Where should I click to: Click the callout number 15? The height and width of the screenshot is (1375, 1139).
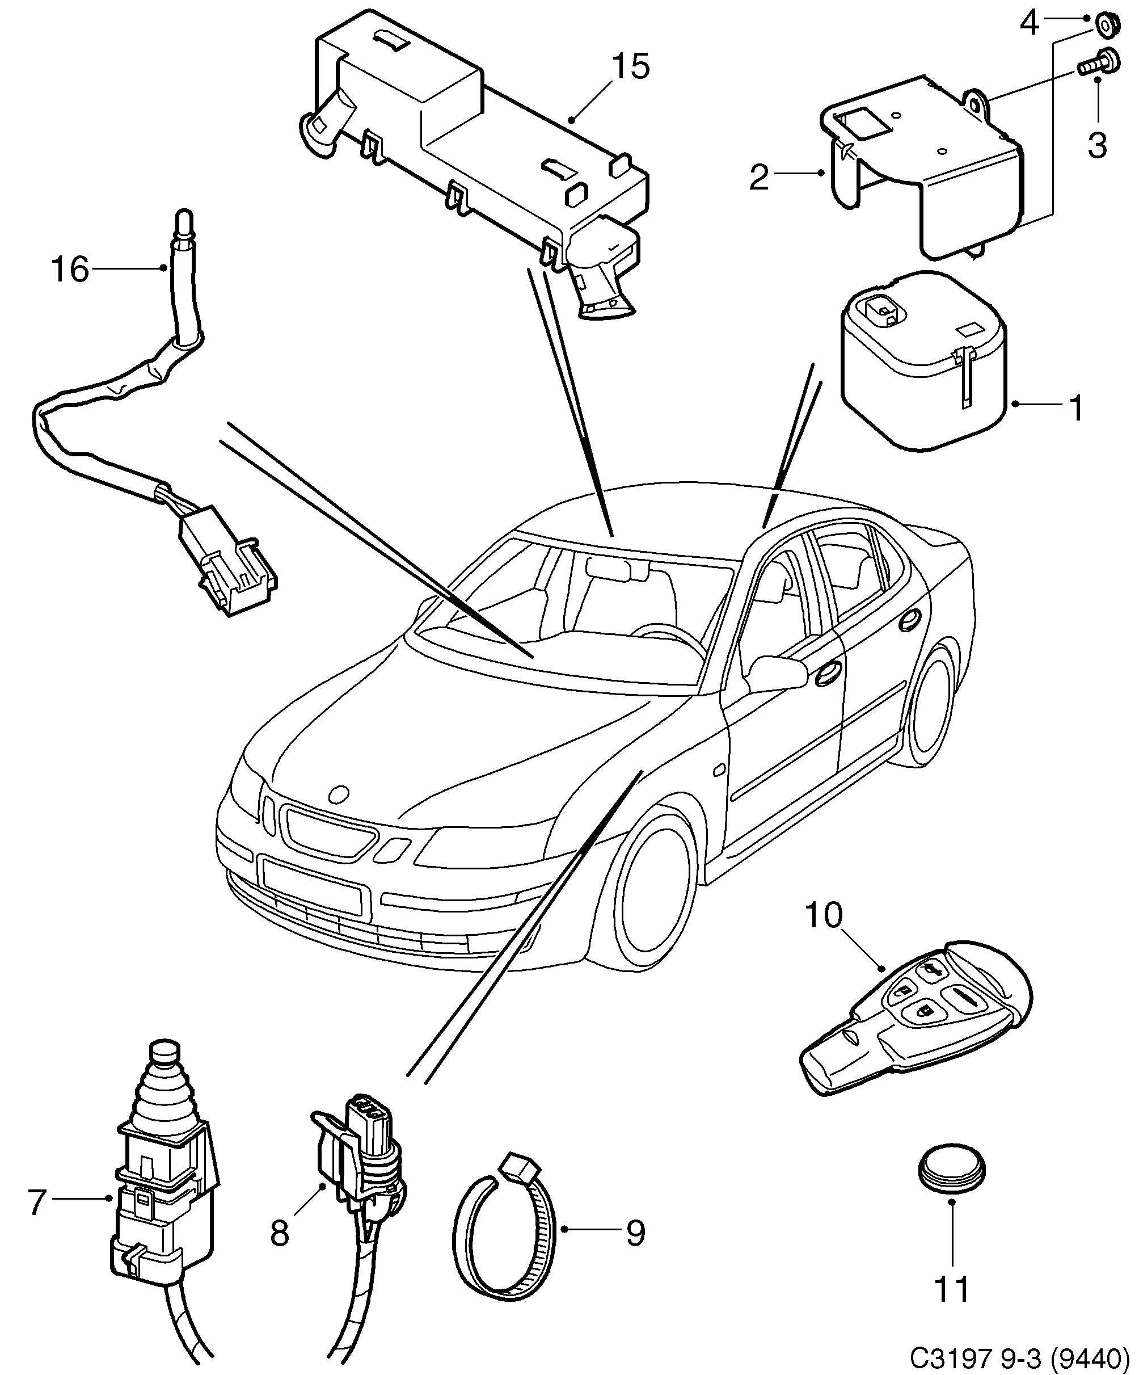630,68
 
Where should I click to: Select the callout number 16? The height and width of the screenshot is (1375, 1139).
69,270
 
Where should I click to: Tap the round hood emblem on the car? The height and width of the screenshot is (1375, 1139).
340,795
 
